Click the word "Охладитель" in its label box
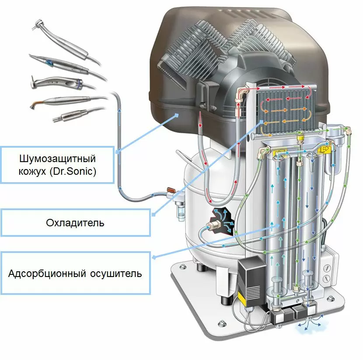tap(75, 223)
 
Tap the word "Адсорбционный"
tap(43, 274)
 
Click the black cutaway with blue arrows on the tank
tap(222, 221)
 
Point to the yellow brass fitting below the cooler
tap(300, 139)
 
